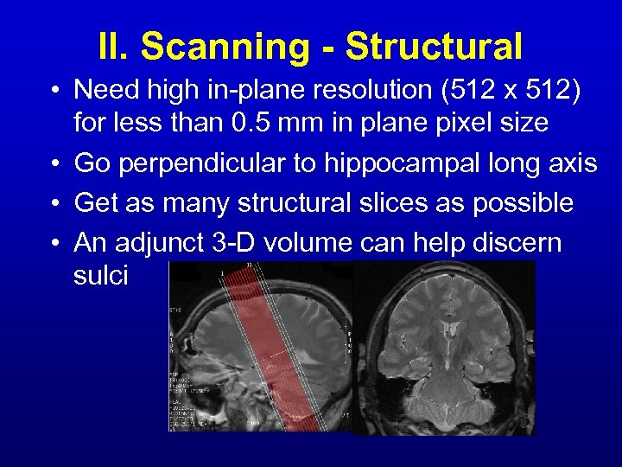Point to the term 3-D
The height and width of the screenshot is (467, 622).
point(234,243)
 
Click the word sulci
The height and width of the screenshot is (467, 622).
point(101,277)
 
